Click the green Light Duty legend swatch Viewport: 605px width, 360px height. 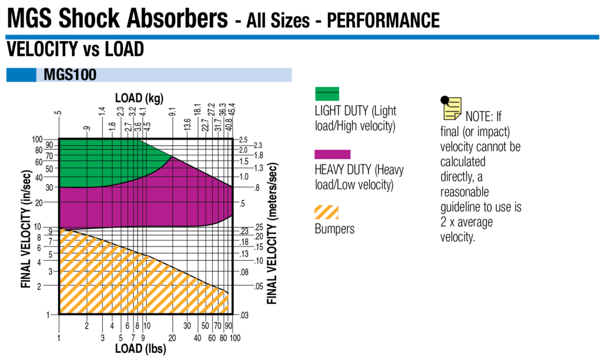(x=327, y=93)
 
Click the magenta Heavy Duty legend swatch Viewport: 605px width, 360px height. (x=333, y=154)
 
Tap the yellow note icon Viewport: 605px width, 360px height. (x=452, y=108)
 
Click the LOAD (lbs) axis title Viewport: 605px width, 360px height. (x=140, y=349)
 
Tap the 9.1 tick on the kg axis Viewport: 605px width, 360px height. (x=172, y=111)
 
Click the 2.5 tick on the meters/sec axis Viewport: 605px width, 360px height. (x=243, y=140)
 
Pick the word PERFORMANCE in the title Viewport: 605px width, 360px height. (x=383, y=20)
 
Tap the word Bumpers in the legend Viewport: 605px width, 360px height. (x=335, y=229)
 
